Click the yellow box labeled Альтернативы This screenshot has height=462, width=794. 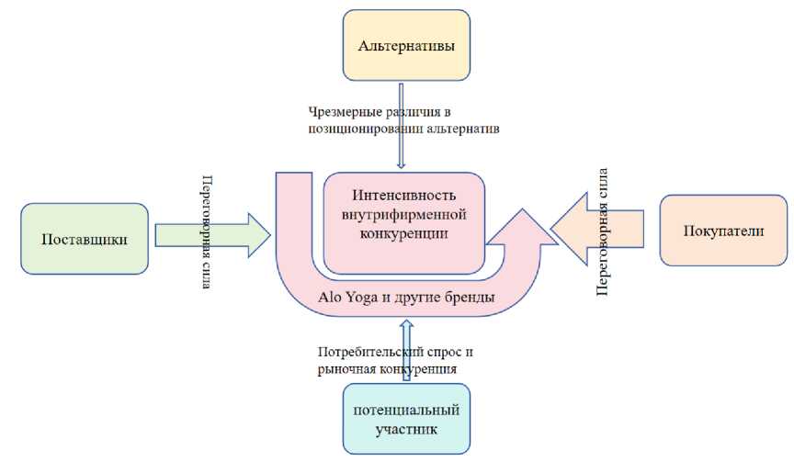coord(405,44)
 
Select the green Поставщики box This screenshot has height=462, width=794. coord(85,239)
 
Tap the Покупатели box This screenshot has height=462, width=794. coord(723,231)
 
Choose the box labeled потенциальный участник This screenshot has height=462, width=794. coord(405,419)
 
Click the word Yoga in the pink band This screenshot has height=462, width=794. coord(362,298)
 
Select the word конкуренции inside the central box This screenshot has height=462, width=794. coord(404,235)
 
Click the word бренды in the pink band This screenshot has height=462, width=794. coord(471,298)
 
